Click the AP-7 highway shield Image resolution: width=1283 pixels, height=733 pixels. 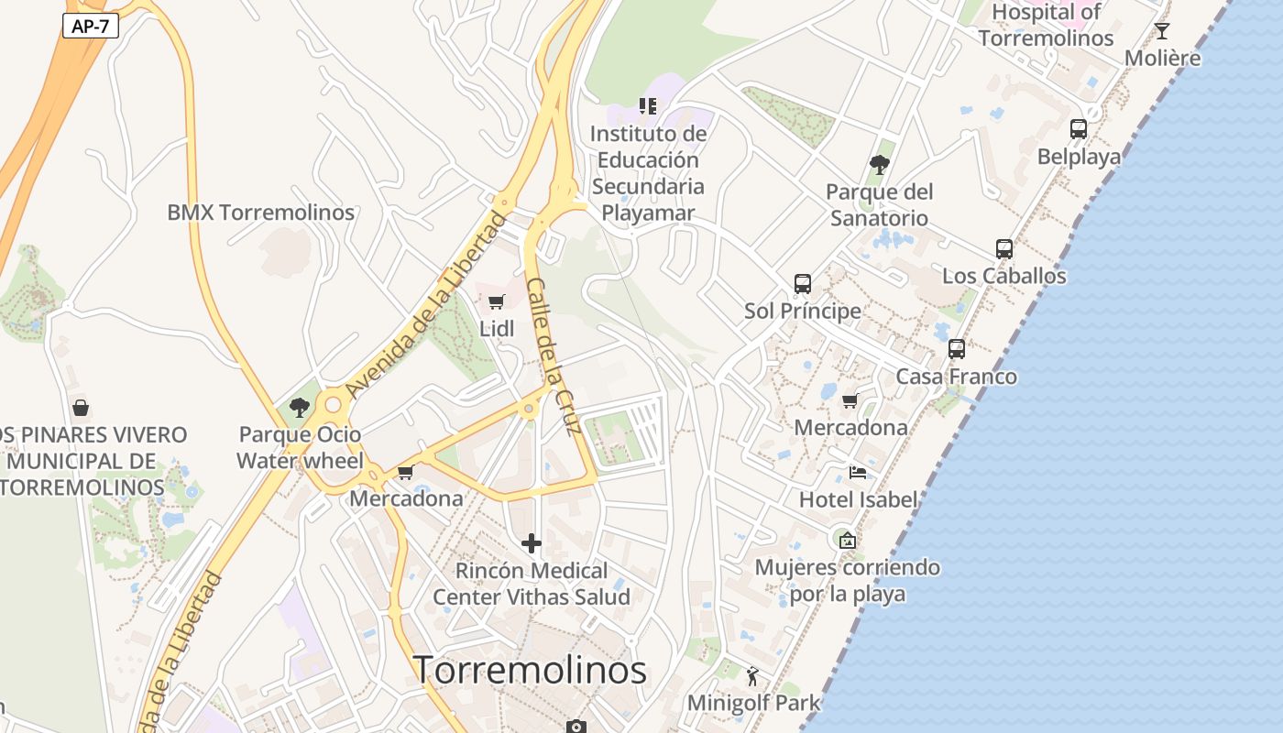tap(91, 26)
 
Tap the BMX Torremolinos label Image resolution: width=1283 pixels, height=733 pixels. tap(260, 213)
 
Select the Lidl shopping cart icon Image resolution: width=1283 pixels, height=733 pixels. tap(496, 301)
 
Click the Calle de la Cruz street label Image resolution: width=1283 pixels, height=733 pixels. tap(554, 356)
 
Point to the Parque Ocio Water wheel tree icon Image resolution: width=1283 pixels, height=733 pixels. tap(299, 408)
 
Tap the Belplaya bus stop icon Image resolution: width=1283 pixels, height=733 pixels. tap(1079, 129)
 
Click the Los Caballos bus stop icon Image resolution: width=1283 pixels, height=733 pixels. tap(1004, 248)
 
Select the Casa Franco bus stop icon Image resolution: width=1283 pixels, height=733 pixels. tap(957, 349)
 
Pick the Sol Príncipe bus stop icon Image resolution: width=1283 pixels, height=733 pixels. tap(803, 283)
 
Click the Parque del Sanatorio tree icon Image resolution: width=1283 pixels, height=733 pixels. tap(879, 165)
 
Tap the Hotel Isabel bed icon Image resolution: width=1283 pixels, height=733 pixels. tap(858, 472)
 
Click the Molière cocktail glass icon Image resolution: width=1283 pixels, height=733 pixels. tap(1162, 31)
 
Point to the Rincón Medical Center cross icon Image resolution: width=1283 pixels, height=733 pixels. tap(532, 543)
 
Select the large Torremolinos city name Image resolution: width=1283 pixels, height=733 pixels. tap(530, 670)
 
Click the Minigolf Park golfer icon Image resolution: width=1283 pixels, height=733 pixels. tap(753, 676)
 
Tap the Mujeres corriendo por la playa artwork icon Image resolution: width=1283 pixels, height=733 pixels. tap(847, 541)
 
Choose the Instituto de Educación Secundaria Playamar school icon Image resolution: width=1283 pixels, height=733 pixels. tap(648, 106)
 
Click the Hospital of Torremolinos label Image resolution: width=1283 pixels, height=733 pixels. tap(1046, 25)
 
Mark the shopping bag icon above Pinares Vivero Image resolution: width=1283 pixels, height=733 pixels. tap(81, 407)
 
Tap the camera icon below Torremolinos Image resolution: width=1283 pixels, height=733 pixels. tap(576, 727)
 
